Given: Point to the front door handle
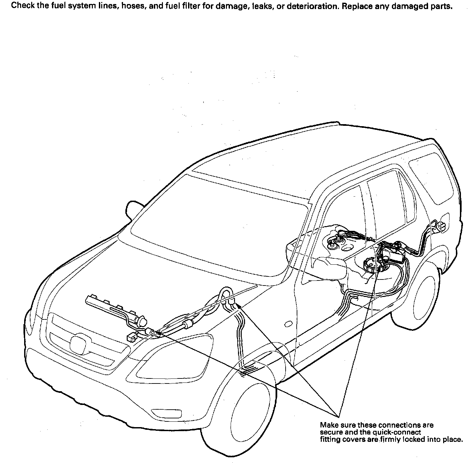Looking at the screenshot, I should click(288, 324).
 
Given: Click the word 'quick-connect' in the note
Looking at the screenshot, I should click(399, 432).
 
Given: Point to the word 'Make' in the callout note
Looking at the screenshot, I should click(327, 425).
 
